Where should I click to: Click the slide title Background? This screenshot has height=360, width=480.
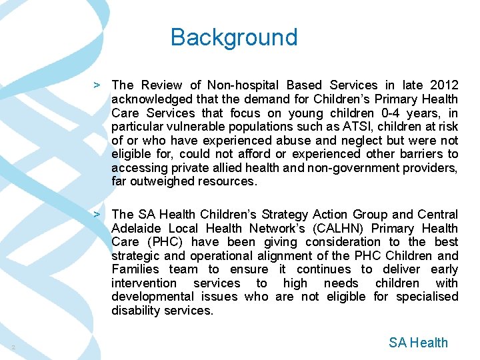click(x=234, y=37)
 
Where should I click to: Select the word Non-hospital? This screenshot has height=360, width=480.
click(x=243, y=85)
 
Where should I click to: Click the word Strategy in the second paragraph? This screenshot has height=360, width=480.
click(x=286, y=214)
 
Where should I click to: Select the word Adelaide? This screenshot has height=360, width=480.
click(x=133, y=228)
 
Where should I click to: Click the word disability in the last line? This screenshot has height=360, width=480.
click(x=136, y=311)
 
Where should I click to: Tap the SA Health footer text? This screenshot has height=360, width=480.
click(x=418, y=343)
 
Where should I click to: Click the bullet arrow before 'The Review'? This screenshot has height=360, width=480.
click(x=97, y=85)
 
